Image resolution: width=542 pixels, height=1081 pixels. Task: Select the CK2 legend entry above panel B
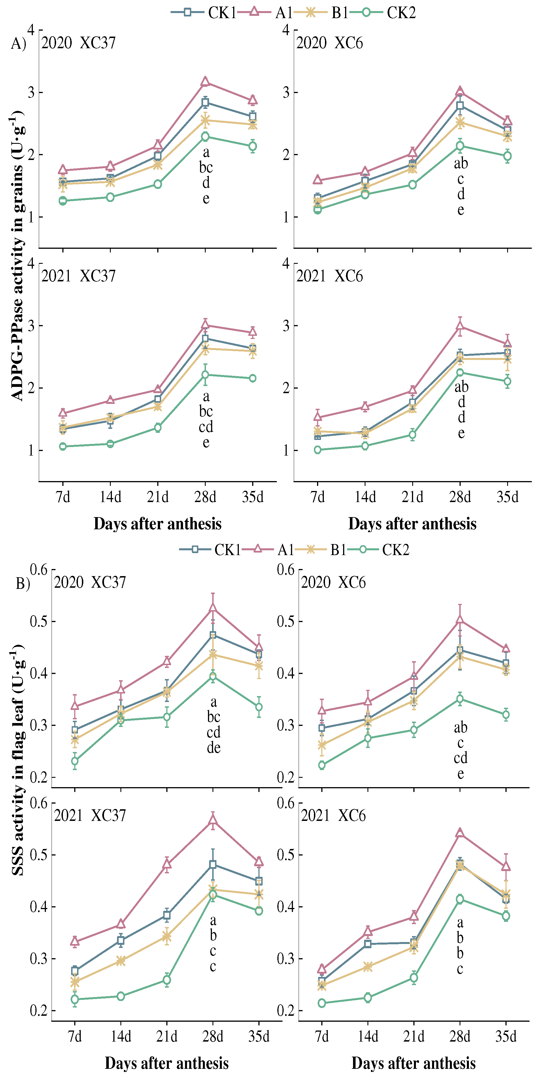pos(384,549)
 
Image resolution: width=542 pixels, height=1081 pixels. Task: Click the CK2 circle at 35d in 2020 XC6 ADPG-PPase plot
pos(507,156)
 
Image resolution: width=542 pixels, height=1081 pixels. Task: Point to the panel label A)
pos(18,43)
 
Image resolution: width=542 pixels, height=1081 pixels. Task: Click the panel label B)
pos(23,583)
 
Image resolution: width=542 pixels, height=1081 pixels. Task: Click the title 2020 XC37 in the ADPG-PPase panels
pos(78,43)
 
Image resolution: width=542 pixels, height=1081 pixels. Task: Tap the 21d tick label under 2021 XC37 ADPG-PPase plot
pos(158,497)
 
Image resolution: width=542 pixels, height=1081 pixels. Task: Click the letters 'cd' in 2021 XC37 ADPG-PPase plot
pos(206,427)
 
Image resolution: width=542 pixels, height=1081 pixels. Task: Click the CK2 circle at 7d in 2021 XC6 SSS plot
pos(322,1003)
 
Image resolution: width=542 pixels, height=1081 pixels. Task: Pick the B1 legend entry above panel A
pos(321,12)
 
